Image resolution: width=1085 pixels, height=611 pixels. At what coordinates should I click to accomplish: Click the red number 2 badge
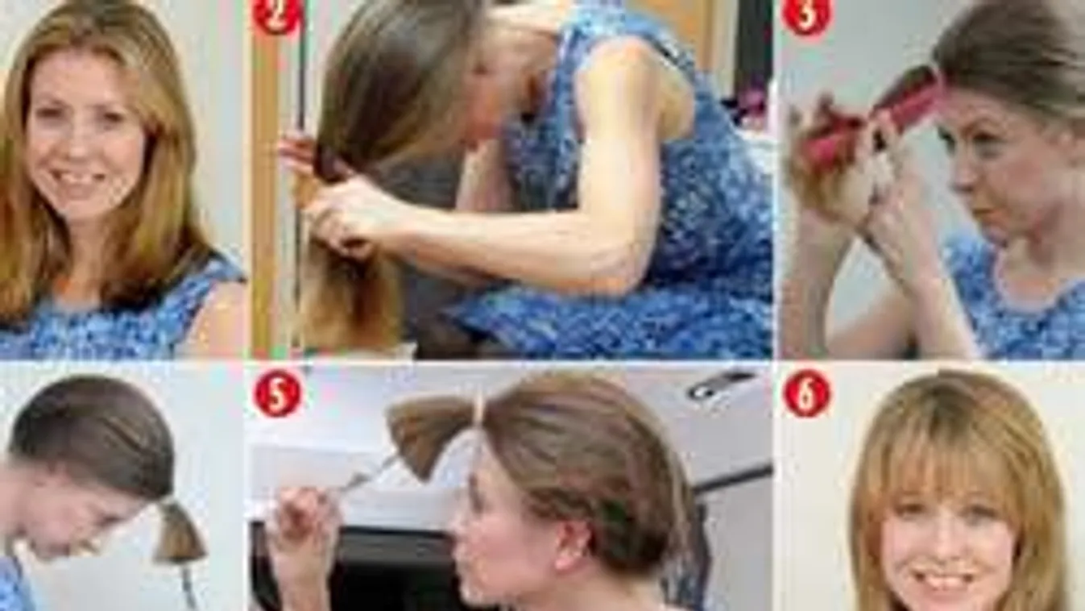[x=277, y=15]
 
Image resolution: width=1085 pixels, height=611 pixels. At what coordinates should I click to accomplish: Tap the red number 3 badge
[x=806, y=15]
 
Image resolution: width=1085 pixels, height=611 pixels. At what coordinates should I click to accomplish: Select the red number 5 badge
[x=277, y=393]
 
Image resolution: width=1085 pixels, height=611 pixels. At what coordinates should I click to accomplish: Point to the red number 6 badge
[x=806, y=393]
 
